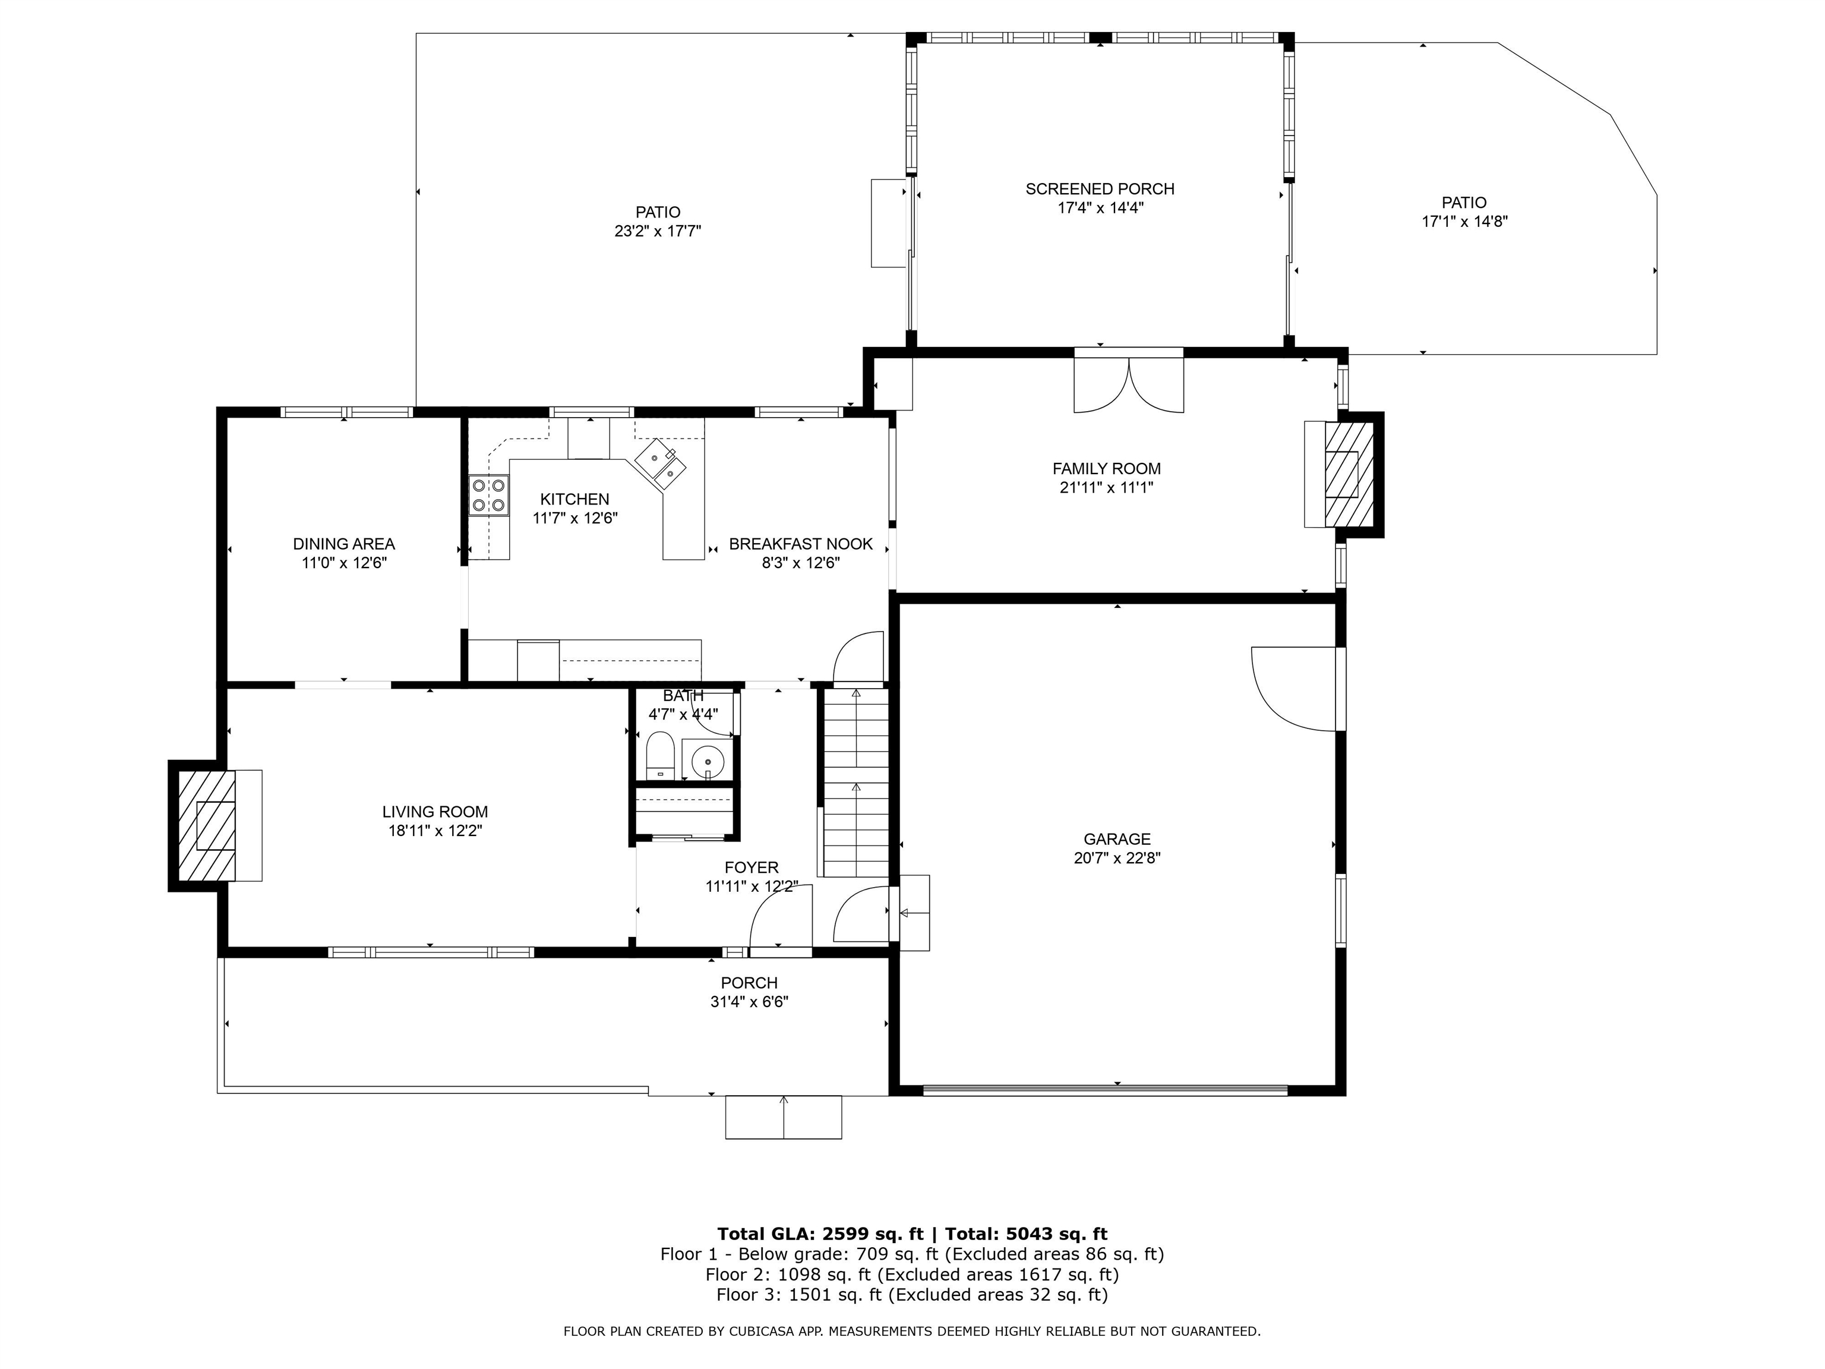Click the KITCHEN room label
pos(574,499)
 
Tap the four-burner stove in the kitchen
pos(488,495)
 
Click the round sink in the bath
pos(707,760)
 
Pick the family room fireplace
pos(1343,475)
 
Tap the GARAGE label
pos(1117,839)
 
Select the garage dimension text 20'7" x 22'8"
pos(1117,858)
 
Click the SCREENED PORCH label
pos(1100,189)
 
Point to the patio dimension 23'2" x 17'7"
pos(658,231)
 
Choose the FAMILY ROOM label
pos(1106,469)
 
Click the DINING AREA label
pos(344,544)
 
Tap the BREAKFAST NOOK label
pos(800,544)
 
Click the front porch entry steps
pos(783,1117)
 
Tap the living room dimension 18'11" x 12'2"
pos(435,831)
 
